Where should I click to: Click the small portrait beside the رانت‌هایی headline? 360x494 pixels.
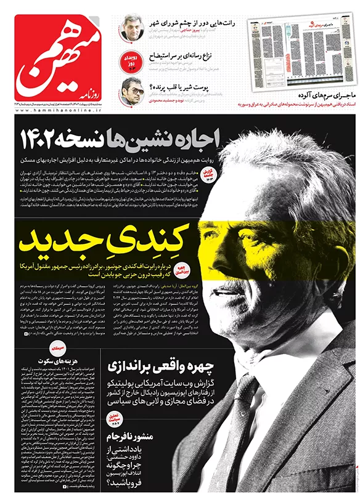pyautogui.click(x=132, y=27)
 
